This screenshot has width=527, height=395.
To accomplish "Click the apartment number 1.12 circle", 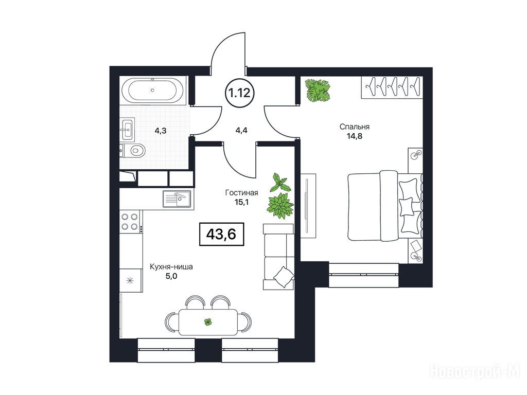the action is coord(240,92).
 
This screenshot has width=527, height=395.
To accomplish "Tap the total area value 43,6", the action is coord(221,234).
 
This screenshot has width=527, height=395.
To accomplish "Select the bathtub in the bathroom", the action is coord(152,90).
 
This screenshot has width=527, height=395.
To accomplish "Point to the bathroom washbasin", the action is coord(128,129).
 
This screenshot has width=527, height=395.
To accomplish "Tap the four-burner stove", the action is coord(130,221).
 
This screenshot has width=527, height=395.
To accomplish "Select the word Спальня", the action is coord(354,127).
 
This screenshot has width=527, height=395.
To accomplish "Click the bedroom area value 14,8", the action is coord(354,136).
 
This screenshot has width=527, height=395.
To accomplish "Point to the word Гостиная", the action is coord(242,192).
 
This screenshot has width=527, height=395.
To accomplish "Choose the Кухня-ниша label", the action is coord(171,267).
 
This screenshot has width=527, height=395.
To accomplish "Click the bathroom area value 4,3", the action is coord(161,131).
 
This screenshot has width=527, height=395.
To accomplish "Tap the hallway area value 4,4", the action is coord(241,130).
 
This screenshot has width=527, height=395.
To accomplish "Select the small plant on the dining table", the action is coord(208,322).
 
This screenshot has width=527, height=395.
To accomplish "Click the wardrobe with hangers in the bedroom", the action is coord(392,87).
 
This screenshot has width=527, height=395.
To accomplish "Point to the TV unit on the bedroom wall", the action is coord(308,206).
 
